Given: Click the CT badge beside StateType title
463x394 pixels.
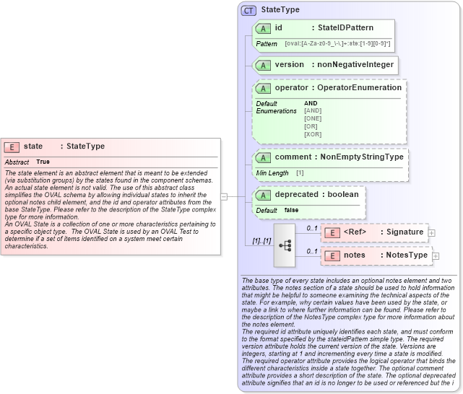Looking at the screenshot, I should click(x=249, y=11).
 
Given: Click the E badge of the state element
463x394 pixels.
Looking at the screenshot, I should click(x=12, y=146).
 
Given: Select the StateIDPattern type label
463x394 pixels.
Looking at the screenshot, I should click(x=345, y=27).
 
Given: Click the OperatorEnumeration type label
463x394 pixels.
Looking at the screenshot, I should click(x=359, y=88).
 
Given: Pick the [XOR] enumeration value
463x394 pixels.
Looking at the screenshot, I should click(x=313, y=134).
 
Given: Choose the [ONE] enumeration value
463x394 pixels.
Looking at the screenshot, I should click(x=313, y=118).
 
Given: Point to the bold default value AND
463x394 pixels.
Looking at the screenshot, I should click(x=311, y=103).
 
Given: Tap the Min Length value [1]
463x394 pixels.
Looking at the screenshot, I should click(x=300, y=173).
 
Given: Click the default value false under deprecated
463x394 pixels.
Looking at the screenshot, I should click(x=291, y=210).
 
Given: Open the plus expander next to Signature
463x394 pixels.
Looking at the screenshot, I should click(x=431, y=232).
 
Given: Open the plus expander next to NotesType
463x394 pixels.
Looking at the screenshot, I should click(x=436, y=255).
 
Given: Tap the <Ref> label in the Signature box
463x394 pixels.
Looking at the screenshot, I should click(x=357, y=232).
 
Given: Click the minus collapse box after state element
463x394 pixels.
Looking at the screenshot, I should click(x=224, y=196).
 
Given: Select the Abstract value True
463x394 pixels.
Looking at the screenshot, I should click(x=43, y=162).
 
